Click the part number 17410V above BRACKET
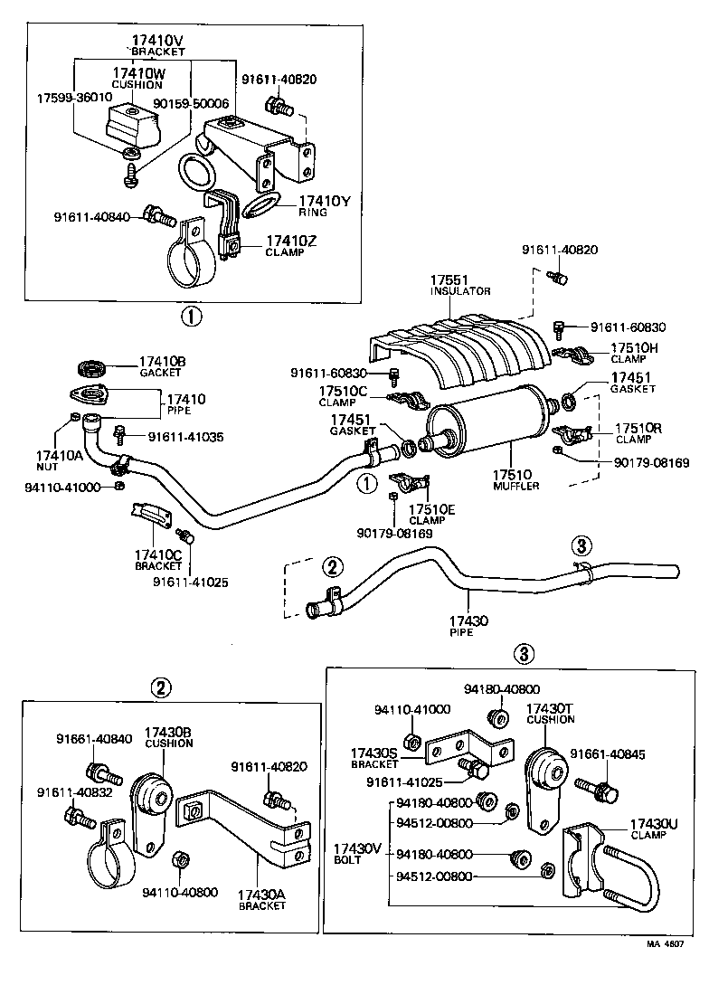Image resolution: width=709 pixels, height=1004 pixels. (x=158, y=41)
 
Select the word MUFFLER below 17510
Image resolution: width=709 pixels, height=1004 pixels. (x=515, y=486)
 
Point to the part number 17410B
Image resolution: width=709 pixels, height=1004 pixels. (x=162, y=362)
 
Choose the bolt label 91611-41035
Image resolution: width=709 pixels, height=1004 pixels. (x=185, y=437)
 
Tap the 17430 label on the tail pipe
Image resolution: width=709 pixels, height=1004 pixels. (x=468, y=620)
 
